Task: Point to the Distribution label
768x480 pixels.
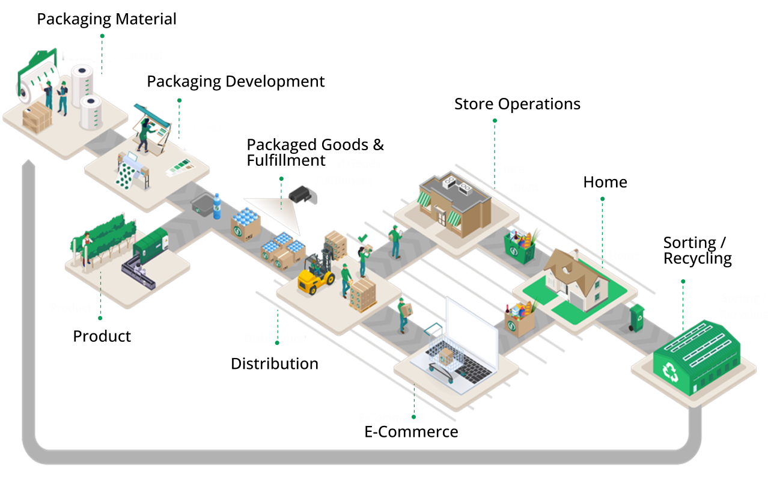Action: click(275, 339)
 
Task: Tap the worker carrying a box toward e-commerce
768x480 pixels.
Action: click(404, 314)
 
